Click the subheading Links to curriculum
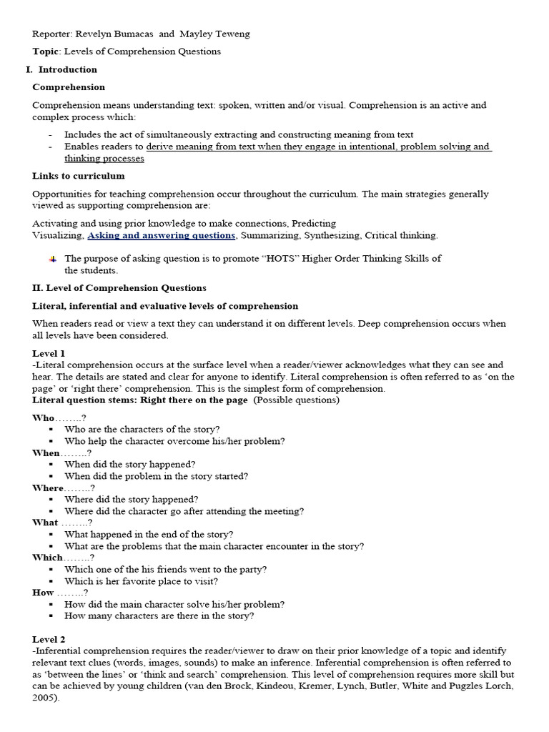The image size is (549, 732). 79,176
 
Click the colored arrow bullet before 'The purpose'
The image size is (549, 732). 53,259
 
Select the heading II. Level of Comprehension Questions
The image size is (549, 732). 119,288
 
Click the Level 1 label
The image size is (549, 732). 49,353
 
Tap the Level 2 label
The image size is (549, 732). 49,639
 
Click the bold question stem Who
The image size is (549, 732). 43,417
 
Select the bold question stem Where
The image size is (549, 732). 48,488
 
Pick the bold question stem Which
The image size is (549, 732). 47,558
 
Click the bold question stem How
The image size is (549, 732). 43,593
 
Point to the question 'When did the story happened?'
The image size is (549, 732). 130,464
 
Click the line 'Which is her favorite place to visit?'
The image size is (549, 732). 142,581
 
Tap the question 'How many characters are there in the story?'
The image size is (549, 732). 159,615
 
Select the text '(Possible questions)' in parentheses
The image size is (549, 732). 297,400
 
